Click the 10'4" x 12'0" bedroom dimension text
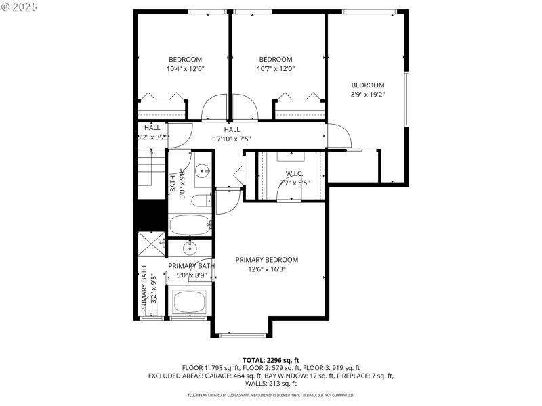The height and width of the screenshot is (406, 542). [186, 69]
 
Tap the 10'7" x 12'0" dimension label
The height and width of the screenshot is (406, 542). [276, 69]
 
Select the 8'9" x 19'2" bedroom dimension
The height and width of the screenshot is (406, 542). [367, 95]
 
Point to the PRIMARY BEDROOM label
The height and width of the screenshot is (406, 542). [266, 260]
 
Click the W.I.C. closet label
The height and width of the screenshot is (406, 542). [293, 173]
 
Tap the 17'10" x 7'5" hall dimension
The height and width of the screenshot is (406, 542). [232, 139]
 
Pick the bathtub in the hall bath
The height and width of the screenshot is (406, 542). [190, 225]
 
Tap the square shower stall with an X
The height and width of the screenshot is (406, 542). [150, 244]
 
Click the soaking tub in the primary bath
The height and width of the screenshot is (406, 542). [190, 302]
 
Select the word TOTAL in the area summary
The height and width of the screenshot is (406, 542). [255, 360]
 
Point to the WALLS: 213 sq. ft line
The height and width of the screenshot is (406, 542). [271, 384]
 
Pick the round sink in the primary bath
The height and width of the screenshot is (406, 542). [190, 248]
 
